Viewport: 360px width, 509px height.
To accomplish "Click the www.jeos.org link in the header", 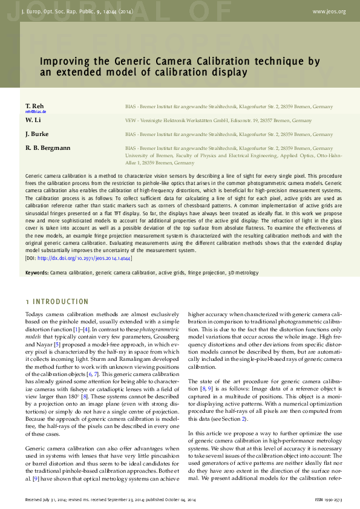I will coord(329,11).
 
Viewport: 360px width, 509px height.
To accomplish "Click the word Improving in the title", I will coord(63,61).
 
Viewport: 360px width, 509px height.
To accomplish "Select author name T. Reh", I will coord(34,106).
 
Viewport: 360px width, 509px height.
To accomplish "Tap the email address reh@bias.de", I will coord(36,112).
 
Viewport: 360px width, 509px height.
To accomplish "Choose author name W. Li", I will coord(33,120).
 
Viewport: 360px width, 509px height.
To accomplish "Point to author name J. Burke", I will coord(37,134).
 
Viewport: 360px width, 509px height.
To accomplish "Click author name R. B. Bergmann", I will coord(48,148).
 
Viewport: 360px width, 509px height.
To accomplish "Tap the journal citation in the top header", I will coord(77,11).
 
